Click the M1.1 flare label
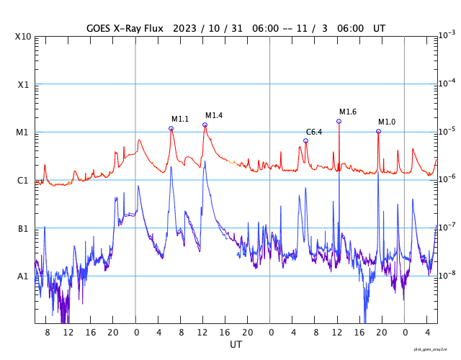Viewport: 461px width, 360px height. [180, 119]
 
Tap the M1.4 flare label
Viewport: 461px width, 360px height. [214, 115]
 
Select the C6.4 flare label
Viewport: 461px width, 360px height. [314, 132]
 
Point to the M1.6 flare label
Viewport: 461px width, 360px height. [348, 112]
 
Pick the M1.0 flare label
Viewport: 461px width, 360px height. [387, 122]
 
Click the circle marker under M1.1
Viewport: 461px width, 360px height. [171, 129]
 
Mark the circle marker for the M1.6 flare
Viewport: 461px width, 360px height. [339, 121]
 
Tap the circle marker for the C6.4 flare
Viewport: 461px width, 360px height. [306, 141]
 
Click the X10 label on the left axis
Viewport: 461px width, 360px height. [24, 37]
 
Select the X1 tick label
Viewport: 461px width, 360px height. [23, 84]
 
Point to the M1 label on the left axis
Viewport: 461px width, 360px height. [23, 132]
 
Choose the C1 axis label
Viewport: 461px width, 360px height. [23, 180]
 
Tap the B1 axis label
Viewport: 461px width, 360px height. [23, 228]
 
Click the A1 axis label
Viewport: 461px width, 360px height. [23, 276]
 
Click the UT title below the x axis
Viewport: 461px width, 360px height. [236, 345]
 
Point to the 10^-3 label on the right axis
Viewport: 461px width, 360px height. [447, 35]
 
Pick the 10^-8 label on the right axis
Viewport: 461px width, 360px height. [447, 274]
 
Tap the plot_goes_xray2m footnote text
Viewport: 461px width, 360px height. [435, 348]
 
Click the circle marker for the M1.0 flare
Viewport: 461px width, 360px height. [378, 131]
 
